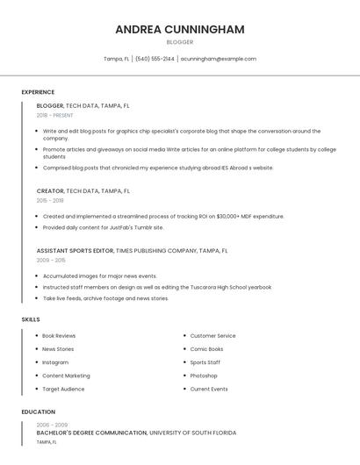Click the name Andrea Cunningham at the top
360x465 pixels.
tap(179, 30)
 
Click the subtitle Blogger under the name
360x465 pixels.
tap(179, 42)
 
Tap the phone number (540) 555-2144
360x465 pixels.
tap(155, 59)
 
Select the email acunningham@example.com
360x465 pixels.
tap(219, 59)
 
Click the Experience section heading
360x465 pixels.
tap(38, 92)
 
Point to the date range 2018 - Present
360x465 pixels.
tap(54, 115)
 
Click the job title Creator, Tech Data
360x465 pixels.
tap(83, 190)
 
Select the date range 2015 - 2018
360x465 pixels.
tap(50, 200)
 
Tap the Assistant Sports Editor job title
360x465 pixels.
tap(132, 250)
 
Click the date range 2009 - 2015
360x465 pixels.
tap(50, 261)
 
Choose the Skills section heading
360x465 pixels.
tap(31, 319)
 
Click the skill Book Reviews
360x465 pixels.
tap(59, 336)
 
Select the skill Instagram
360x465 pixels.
tap(55, 362)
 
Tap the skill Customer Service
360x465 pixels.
tap(212, 336)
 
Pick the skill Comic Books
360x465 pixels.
tap(206, 349)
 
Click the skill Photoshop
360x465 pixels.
tap(204, 376)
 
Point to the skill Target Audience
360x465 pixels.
tap(63, 389)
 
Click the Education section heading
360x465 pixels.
tap(38, 411)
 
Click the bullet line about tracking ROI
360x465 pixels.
tap(163, 216)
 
